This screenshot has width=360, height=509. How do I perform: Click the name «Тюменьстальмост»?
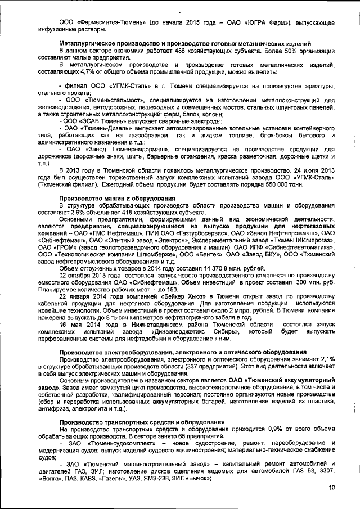click(x=112, y=98)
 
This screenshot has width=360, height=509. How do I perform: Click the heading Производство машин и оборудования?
click(x=116, y=199)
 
